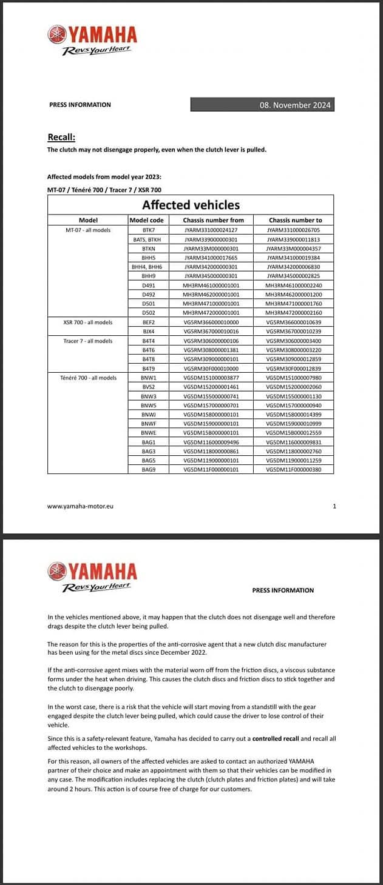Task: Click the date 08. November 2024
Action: (x=295, y=105)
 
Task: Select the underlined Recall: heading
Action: (x=61, y=137)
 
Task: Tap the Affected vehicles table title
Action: (x=191, y=205)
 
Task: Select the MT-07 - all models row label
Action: (x=88, y=230)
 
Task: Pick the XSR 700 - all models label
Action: (x=88, y=322)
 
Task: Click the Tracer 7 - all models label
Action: (x=88, y=341)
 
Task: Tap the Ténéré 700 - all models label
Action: (x=88, y=378)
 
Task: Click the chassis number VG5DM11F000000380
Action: (x=294, y=469)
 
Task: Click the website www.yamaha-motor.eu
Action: (x=80, y=506)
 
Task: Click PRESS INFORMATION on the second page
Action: (x=283, y=590)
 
